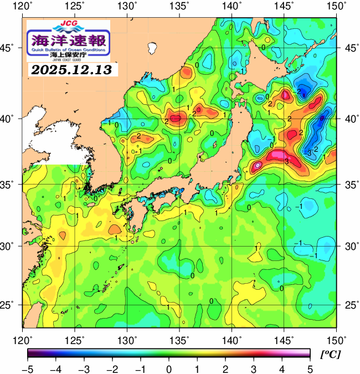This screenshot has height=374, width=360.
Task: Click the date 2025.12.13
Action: tap(71, 70)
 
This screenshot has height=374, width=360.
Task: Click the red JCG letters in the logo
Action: tap(68, 24)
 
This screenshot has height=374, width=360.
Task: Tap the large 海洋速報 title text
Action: tap(68, 40)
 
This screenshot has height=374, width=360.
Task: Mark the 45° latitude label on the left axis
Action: tap(11, 48)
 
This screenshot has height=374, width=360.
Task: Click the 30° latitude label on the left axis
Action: tap(11, 245)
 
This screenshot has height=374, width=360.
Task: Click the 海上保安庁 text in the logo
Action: tap(68, 55)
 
